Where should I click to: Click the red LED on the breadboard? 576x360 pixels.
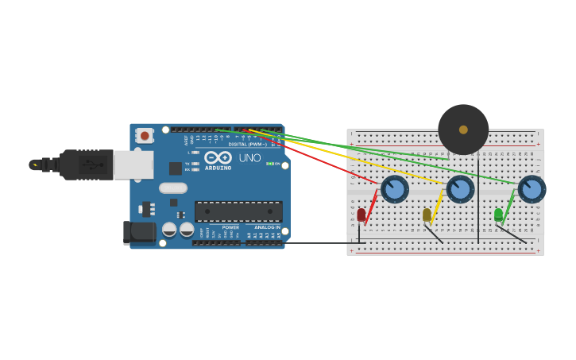[x=361, y=215]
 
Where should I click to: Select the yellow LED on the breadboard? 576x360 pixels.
[x=427, y=215]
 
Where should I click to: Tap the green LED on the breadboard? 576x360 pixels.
[x=498, y=215]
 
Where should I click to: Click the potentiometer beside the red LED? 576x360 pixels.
[x=395, y=189]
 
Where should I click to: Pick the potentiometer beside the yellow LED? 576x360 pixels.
[x=460, y=189]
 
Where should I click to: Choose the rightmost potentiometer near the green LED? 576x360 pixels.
[x=532, y=189]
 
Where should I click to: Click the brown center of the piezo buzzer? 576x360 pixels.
[x=463, y=130]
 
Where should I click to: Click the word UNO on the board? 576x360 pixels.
[x=249, y=158]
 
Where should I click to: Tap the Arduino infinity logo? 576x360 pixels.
[x=218, y=157]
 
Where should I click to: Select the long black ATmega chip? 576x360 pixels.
[x=238, y=211]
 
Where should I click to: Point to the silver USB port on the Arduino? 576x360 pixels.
[x=133, y=165]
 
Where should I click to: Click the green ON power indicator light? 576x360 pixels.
[x=270, y=164]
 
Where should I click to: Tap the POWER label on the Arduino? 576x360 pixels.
[x=230, y=227]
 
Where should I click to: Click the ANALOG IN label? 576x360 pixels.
[x=267, y=227]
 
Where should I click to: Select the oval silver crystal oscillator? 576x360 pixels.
[x=173, y=188]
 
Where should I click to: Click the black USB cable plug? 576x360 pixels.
[x=87, y=165]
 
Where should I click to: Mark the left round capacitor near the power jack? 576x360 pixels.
[x=169, y=230]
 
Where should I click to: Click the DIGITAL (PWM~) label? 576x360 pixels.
[x=248, y=144]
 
